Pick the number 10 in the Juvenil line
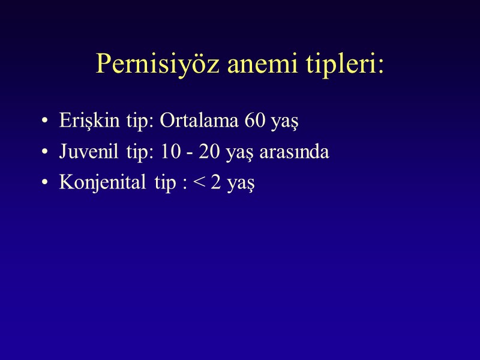170,152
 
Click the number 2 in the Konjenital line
217,183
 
